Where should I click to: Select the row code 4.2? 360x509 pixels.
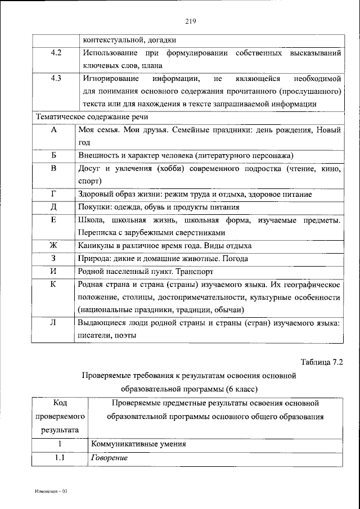click(x=56, y=53)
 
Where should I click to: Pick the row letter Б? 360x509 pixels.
click(x=54, y=155)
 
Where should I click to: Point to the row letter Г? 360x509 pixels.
click(x=54, y=194)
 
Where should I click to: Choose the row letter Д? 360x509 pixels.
click(x=54, y=207)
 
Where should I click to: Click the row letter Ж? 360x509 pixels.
click(x=54, y=246)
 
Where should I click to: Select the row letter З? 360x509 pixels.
click(x=54, y=259)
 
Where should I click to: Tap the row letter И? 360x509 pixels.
click(x=54, y=272)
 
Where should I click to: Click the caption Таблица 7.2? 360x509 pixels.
click(x=322, y=362)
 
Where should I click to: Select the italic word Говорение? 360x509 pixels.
click(x=108, y=458)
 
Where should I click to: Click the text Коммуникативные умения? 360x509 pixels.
click(x=138, y=444)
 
